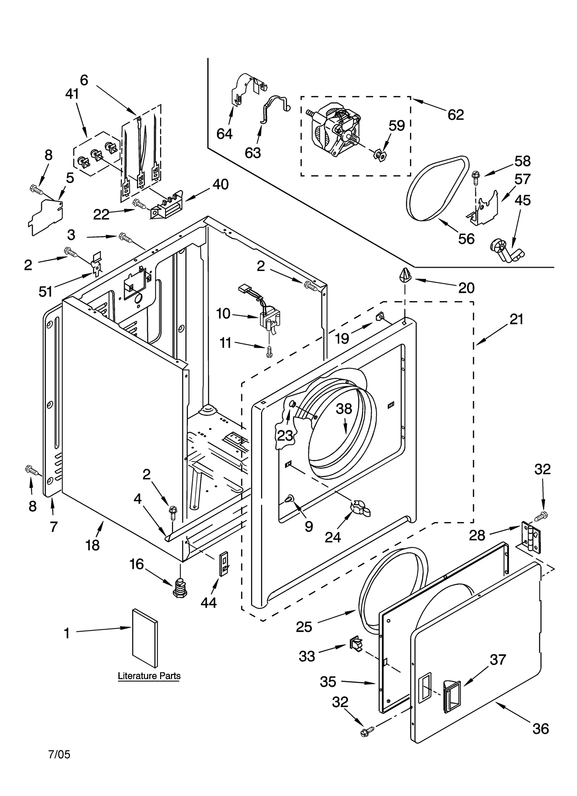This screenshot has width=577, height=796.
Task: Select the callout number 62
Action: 455,115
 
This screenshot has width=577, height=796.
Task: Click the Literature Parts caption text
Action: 149,676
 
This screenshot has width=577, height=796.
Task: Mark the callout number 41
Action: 72,94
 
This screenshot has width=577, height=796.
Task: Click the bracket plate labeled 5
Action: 46,216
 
